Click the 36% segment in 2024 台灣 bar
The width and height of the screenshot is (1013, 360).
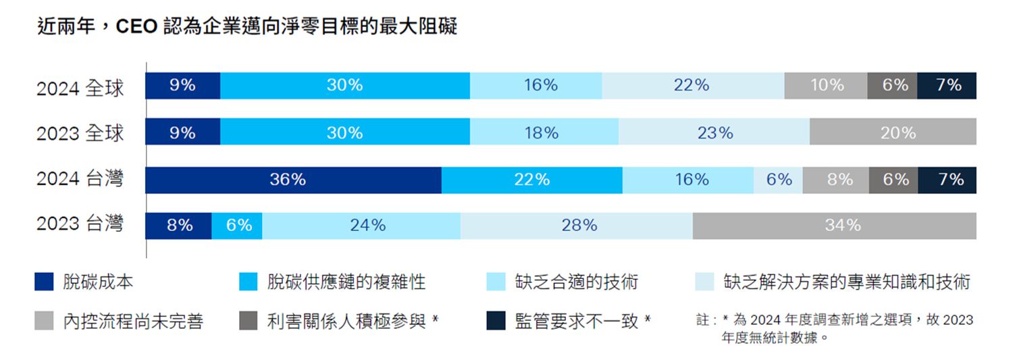[x=293, y=180]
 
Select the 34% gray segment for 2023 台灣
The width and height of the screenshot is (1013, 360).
[x=834, y=226]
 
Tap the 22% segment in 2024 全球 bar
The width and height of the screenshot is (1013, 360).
[x=693, y=86]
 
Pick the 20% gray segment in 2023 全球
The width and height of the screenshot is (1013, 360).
[x=893, y=133]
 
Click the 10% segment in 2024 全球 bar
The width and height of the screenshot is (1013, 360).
[x=825, y=86]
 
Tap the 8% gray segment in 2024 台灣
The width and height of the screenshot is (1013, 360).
[x=835, y=180]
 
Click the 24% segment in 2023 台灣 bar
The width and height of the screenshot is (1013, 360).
[x=361, y=226]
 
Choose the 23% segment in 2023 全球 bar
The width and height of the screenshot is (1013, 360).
[x=714, y=133]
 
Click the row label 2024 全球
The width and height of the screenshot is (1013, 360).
[x=80, y=88]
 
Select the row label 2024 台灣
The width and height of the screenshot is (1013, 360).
[x=80, y=178]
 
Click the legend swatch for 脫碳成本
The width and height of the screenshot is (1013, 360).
[x=44, y=281]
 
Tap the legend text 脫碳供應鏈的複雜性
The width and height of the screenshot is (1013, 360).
[x=346, y=282]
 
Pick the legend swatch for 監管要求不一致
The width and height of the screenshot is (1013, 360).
[x=496, y=321]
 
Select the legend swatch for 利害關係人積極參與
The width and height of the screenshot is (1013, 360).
[x=249, y=321]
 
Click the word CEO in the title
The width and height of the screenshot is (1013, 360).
[x=137, y=27]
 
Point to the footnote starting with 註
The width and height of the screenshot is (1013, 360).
[x=834, y=328]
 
